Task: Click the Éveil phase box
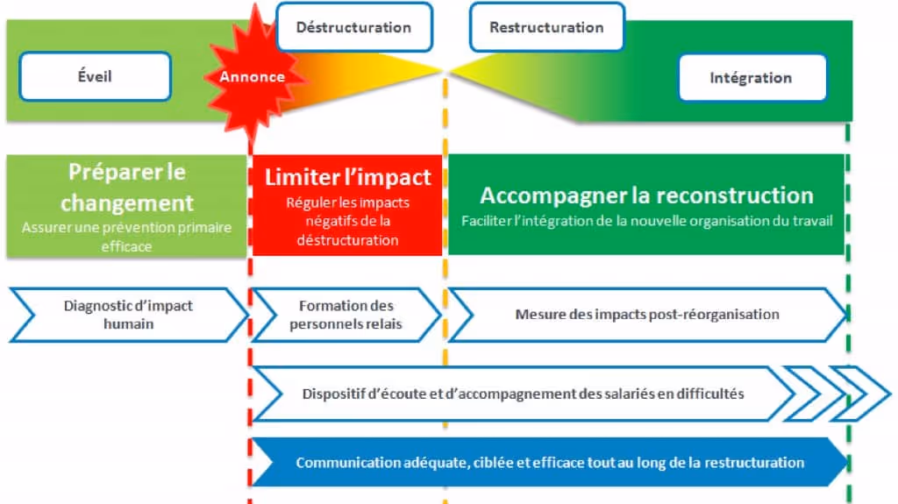pos(95,76)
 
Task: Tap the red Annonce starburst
pos(253,76)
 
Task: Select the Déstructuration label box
pos(353,27)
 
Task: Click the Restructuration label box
pos(546,27)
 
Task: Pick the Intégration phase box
pos(751,78)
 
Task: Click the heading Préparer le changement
pos(127,187)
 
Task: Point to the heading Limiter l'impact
pos(348,177)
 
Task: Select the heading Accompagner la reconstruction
pos(646,195)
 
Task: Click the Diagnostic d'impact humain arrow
pos(128,315)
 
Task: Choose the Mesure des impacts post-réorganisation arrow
pos(647,314)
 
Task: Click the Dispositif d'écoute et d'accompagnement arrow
pos(523,394)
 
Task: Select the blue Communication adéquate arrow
pos(549,462)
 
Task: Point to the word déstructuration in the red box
pos(348,239)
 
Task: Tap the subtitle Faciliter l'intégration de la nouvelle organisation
pos(646,221)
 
